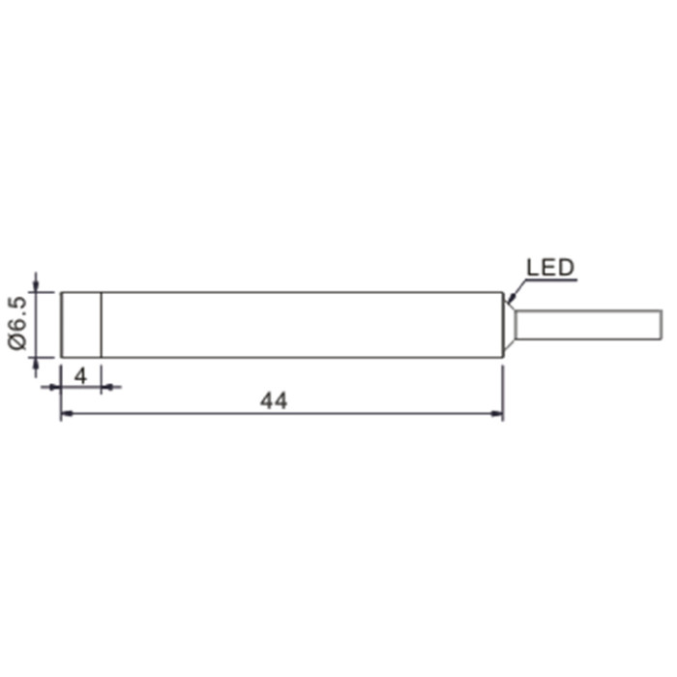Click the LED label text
pos(550,267)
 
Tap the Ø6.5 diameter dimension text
pos(17,323)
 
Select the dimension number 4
pos(80,376)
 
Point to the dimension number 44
pos(274,400)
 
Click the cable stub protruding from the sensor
pos(588,325)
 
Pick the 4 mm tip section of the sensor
pos(81,325)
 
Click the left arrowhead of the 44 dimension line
pos(67,414)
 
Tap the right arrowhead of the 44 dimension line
pos(497,414)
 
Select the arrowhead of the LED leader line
pos(512,298)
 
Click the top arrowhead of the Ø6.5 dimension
pos(36,286)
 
